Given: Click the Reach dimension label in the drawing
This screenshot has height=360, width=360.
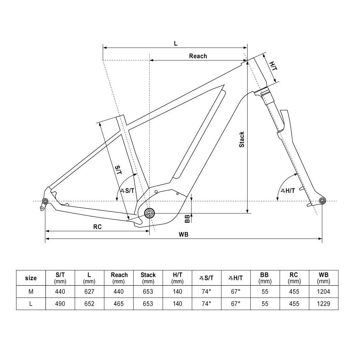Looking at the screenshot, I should click(x=198, y=56).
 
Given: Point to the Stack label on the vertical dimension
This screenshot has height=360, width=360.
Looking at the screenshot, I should click(x=242, y=139).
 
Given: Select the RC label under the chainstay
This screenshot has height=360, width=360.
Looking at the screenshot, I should click(x=98, y=227).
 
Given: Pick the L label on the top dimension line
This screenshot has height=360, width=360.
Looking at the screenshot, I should click(x=176, y=44).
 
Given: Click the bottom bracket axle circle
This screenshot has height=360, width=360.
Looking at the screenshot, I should click(x=149, y=213).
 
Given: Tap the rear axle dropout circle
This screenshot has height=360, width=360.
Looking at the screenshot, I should click(x=45, y=202).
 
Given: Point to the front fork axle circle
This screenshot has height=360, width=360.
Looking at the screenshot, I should click(x=322, y=201).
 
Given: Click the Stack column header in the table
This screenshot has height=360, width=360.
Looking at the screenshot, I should click(x=148, y=278).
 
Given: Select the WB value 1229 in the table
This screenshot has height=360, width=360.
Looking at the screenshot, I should click(x=324, y=304).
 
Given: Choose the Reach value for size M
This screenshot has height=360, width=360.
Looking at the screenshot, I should click(x=119, y=291).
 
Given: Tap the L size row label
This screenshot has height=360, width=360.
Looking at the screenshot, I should click(x=31, y=304).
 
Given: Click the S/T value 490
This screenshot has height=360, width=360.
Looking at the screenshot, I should click(x=60, y=304).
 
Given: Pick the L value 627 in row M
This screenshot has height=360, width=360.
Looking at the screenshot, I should click(x=89, y=291).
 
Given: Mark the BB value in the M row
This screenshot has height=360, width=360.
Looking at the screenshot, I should click(x=265, y=291).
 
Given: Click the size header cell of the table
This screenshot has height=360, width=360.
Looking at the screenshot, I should click(x=31, y=278).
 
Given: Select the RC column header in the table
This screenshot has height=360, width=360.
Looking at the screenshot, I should click(x=294, y=278).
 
